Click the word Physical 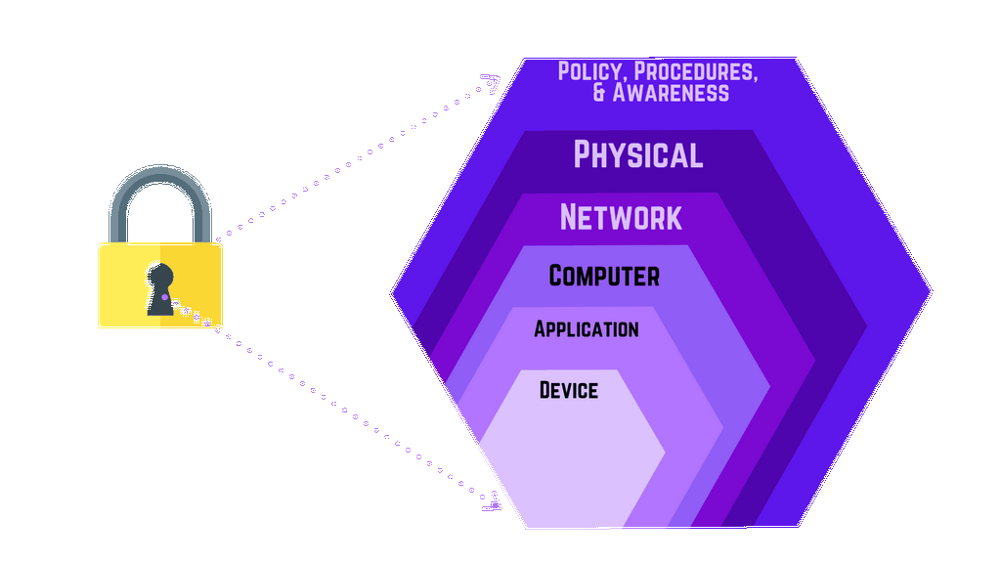[637, 154]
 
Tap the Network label [621, 216]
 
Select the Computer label [604, 276]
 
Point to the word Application [587, 329]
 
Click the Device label [569, 391]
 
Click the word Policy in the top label [589, 72]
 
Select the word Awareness [672, 93]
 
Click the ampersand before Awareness [600, 93]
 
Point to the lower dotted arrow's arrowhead [494, 505]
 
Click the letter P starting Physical [584, 154]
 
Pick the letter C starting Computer [559, 276]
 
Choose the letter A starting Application [541, 329]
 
